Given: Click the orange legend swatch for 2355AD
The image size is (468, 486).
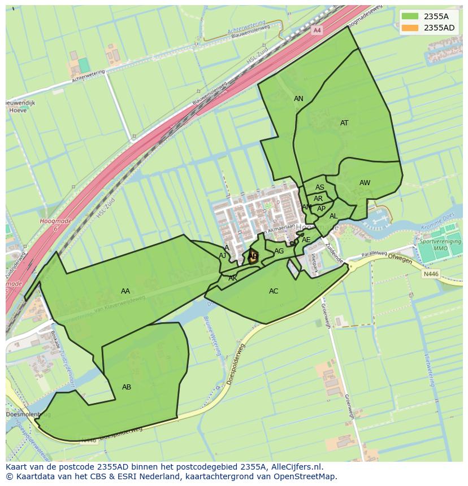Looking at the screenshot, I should click(x=410, y=28).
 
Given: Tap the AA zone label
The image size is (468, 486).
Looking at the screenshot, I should click(x=125, y=291).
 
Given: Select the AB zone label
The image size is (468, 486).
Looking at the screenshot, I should click(x=127, y=387).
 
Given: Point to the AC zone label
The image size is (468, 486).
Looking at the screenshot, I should click(x=274, y=291).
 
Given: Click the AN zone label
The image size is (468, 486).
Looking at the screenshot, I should click(x=298, y=99).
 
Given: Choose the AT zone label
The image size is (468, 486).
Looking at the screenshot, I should click(x=344, y=123).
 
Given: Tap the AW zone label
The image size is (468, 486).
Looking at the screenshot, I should click(x=365, y=183).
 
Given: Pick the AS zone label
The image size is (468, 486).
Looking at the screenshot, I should click(x=320, y=187).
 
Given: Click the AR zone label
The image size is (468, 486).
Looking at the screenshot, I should click(x=318, y=199).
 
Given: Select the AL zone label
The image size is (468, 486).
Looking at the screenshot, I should click(x=333, y=216).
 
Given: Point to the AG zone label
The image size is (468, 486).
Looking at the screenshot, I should click(x=279, y=251).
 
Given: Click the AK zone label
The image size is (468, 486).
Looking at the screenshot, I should click(x=233, y=278).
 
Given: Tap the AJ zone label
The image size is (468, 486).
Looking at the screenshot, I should click(x=223, y=256).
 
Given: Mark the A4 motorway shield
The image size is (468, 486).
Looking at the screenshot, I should click(x=317, y=30).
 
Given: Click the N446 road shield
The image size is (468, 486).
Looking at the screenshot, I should click(x=431, y=274).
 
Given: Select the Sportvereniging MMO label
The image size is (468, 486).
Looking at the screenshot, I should click(x=440, y=245).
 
